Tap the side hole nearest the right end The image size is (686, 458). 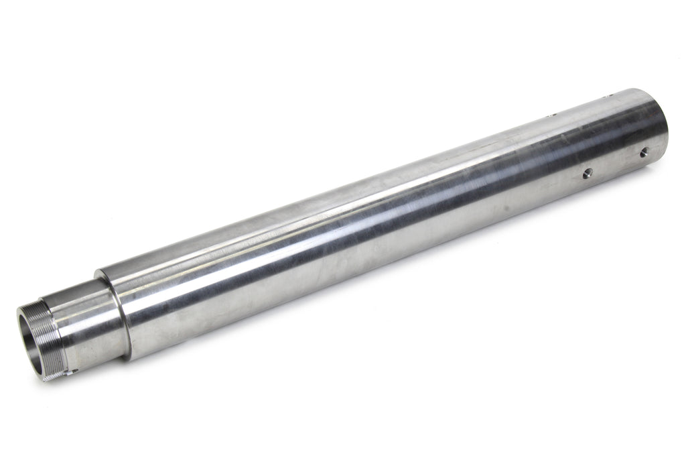644,153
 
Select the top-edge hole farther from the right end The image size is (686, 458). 551,115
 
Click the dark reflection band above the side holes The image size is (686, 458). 590,144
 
